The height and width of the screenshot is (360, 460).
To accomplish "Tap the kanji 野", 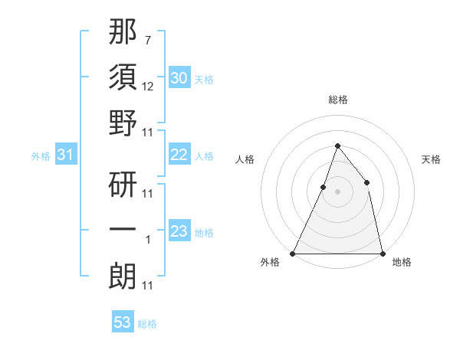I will [123, 123].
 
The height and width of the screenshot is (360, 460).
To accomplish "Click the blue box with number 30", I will [179, 78].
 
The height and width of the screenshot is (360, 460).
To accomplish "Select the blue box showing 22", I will [179, 155].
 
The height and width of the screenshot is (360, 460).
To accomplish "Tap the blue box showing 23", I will [179, 231].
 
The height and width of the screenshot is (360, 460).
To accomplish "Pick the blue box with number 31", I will [65, 155].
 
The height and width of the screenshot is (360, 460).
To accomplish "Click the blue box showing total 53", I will [123, 322].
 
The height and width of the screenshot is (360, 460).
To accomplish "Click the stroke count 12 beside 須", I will [148, 87].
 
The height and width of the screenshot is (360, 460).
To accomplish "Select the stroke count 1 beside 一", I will [148, 241].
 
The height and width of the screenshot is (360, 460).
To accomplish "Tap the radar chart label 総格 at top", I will [337, 100].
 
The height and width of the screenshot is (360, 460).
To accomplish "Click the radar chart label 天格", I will [431, 159].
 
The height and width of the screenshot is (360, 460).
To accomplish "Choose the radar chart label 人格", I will [245, 159].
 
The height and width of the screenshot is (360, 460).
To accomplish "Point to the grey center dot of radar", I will [337, 191].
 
